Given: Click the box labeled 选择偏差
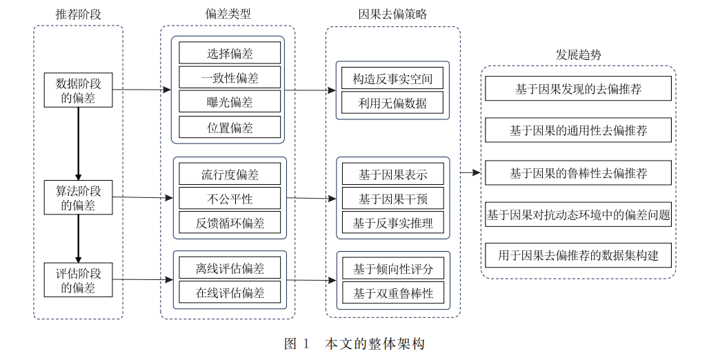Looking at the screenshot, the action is tap(230, 53).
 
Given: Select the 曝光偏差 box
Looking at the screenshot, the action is tap(230, 101).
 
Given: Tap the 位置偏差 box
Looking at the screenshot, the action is tap(230, 127).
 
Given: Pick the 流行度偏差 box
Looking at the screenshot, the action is tap(230, 174).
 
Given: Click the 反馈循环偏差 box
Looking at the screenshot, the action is tap(230, 223).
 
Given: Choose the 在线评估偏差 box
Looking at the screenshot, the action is tap(230, 292).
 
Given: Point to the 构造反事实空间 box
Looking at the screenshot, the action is tap(392, 79).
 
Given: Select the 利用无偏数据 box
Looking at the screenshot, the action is tap(392, 103).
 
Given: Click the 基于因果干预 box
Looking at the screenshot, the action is tap(392, 199).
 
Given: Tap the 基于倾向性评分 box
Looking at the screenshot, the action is tap(392, 268).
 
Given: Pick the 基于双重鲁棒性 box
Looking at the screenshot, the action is tap(392, 292).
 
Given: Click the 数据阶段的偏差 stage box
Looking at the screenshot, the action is tap(79, 90).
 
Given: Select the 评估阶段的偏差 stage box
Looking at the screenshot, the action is tap(79, 280).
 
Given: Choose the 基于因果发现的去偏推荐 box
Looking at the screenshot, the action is tap(578, 88).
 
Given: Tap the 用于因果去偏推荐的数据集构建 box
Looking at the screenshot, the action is tap(578, 255).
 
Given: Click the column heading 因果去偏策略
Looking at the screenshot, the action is tap(392, 14).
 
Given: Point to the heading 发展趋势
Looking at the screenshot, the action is tap(578, 55).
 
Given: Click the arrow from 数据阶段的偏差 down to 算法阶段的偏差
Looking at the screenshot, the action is tap(79, 144).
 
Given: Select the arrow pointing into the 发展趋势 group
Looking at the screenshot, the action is tap(470, 172).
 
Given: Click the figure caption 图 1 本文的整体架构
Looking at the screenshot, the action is tap(355, 343).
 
